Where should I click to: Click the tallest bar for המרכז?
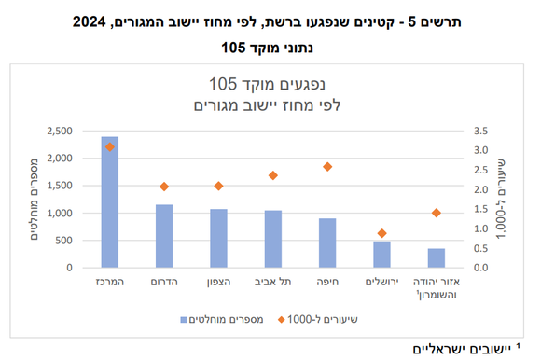click(x=110, y=202)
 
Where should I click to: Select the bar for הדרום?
click(x=164, y=236)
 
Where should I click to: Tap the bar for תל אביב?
click(x=273, y=239)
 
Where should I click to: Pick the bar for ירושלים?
click(x=381, y=255)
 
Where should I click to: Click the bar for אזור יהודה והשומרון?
click(x=436, y=258)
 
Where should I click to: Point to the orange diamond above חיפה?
click(x=327, y=167)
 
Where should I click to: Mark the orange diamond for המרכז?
click(x=110, y=146)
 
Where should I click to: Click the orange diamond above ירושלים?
click(x=381, y=233)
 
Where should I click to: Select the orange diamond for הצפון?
click(x=218, y=186)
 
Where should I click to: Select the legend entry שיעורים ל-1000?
click(x=322, y=319)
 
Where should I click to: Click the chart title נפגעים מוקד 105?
click(x=270, y=84)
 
